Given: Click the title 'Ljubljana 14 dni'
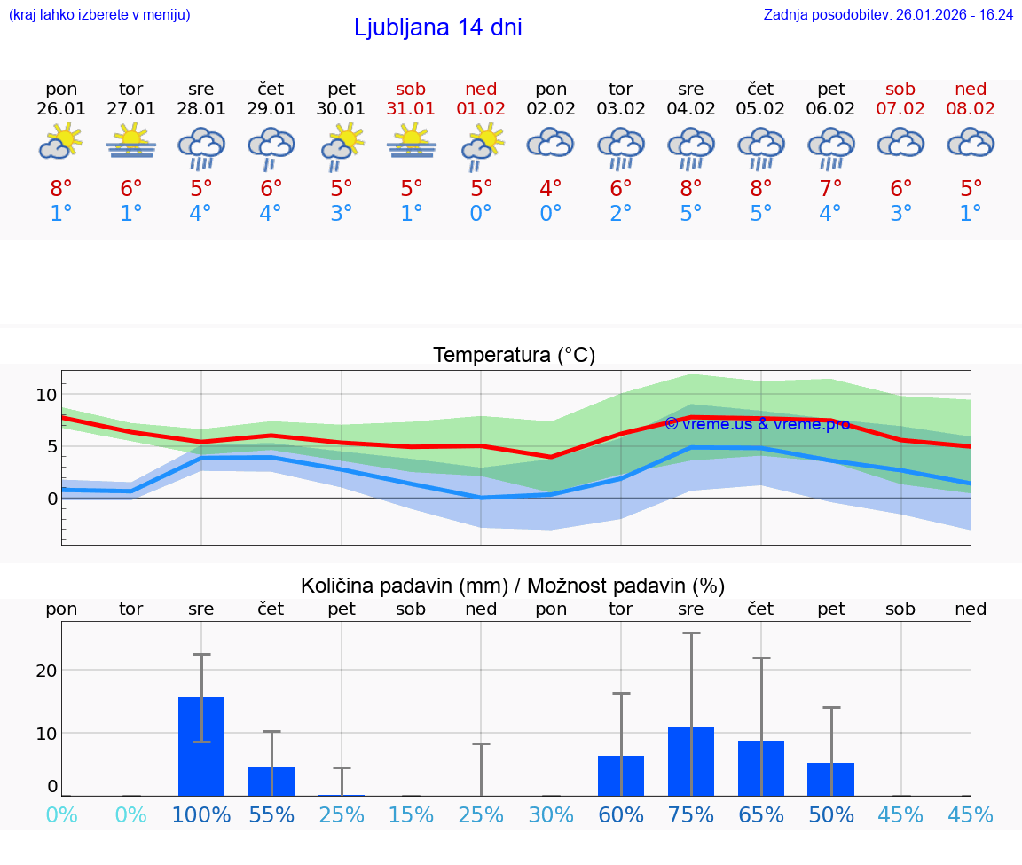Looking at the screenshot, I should coord(437,28).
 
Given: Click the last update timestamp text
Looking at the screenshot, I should coord(888,14).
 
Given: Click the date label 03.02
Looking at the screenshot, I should coord(621,108).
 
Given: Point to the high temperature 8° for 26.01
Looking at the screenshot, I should coord(61,189).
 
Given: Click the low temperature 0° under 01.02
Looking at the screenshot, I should coord(481,214).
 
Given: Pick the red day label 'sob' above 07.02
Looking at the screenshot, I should coord(900,89).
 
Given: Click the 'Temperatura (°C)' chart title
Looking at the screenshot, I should coord(514,355).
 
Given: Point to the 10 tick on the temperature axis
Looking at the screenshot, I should coord(46,395).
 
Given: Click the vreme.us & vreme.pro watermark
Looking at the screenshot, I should coord(757,423).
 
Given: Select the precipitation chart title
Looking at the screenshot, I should coord(513,586).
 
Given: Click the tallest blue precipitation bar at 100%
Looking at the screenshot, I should coord(201,746).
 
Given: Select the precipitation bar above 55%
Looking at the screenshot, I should coord(271,781).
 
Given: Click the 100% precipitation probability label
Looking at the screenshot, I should coord(201,814).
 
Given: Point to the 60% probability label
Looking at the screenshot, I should coord(621,814).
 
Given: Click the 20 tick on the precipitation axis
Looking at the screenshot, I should coord(46,671).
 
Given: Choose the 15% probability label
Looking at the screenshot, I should coord(411,814).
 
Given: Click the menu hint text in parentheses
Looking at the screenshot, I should coord(99,14).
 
